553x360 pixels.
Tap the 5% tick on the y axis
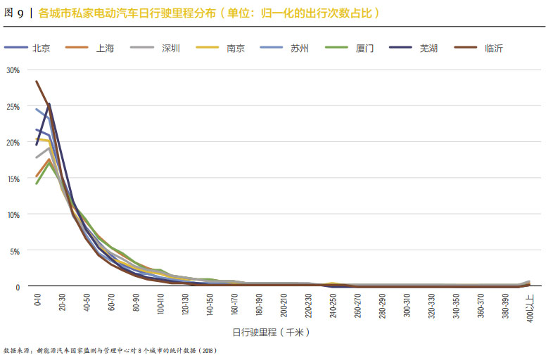pyautogui.click(x=14, y=251)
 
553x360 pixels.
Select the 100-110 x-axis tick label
pyautogui.click(x=160, y=305)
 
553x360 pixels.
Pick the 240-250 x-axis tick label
pyautogui.click(x=333, y=305)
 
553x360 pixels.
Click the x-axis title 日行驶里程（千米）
pyautogui.click(x=271, y=332)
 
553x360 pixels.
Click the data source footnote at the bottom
pyautogui.click(x=109, y=349)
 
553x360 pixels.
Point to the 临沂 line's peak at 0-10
pyautogui.click(x=37, y=82)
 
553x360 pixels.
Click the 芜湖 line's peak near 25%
pyautogui.click(x=49, y=104)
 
